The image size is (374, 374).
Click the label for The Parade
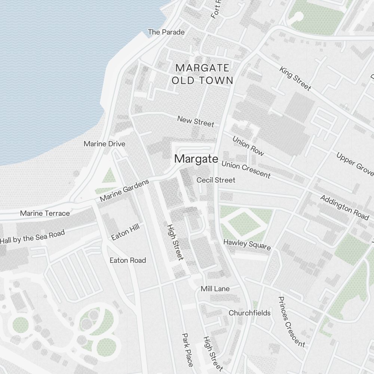166,32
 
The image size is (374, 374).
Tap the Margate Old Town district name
202,74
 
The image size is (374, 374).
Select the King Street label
295,79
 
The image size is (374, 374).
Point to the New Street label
196,121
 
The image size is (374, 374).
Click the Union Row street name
248,146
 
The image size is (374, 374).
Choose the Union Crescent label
246,169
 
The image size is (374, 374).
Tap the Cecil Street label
216,180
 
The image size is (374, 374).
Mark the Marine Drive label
104,144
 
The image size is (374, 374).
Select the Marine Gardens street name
124,191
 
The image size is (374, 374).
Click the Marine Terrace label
45,214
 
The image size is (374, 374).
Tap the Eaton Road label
128,260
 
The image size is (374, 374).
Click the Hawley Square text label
247,244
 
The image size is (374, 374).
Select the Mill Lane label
215,289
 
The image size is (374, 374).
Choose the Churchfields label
249,313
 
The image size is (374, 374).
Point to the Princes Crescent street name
291,322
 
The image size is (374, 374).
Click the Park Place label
187,350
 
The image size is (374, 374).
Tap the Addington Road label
344,207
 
